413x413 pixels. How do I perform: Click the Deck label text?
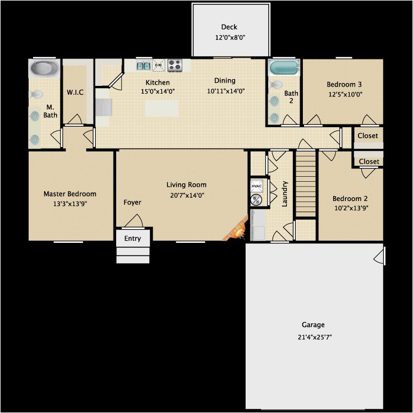click(229, 27)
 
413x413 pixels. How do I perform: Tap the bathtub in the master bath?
click(44, 68)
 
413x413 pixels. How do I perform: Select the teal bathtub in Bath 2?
click(284, 68)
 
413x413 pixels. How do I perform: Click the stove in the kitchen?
click(175, 65)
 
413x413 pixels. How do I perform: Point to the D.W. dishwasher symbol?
click(159, 65)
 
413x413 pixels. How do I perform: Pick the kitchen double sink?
click(144, 66)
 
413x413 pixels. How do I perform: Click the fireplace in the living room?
click(236, 229)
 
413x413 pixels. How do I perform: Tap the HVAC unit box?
click(256, 186)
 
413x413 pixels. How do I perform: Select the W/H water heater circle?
click(256, 200)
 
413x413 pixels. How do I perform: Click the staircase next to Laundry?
click(306, 183)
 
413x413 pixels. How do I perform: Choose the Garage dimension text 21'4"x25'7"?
click(314, 337)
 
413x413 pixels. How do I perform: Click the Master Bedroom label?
click(70, 194)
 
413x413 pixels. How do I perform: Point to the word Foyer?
click(132, 202)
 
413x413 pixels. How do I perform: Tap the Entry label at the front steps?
click(133, 238)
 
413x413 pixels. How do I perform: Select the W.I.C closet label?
click(75, 92)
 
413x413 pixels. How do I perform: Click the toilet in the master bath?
click(36, 94)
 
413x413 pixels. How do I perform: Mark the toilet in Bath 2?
click(275, 85)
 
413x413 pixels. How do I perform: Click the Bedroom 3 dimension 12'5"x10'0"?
click(345, 94)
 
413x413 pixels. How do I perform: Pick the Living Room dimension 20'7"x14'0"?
click(187, 195)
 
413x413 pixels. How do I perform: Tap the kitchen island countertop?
click(162, 108)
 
